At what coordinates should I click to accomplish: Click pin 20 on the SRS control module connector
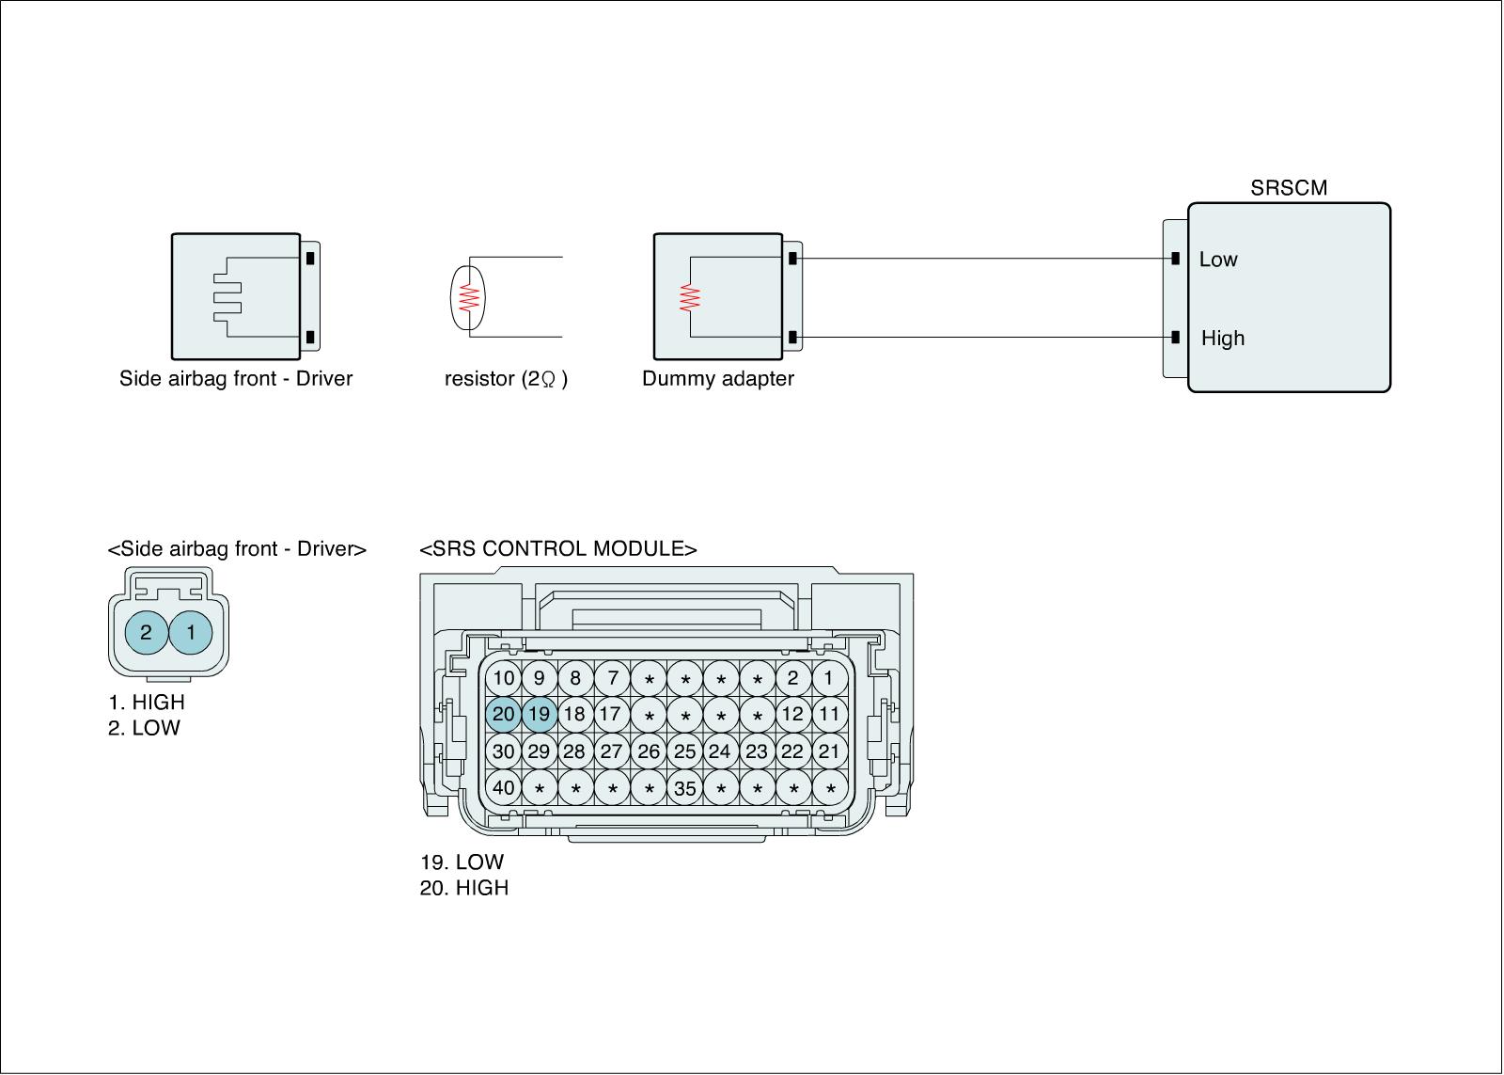pos(504,714)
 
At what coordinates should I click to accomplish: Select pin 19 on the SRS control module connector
pos(540,714)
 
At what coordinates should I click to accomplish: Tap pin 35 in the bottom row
pos(685,788)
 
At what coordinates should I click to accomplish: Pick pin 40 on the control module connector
pos(504,787)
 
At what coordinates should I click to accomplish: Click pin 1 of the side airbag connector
pos(192,632)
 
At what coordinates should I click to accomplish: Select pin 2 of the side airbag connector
pos(147,632)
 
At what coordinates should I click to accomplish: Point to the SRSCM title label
pos(1289,188)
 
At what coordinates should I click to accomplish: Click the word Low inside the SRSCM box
pos(1218,260)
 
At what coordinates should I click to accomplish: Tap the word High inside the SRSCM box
pos(1223,338)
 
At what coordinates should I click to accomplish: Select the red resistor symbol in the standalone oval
pos(469,297)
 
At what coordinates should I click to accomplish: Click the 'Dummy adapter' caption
pos(718,379)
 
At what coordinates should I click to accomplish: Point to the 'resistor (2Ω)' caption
pos(506,379)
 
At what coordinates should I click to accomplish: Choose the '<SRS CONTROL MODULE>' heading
pos(558,549)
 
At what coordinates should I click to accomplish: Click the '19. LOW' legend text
pos(462,862)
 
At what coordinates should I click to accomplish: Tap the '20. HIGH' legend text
pos(464,887)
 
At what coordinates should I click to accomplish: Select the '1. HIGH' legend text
pos(147,702)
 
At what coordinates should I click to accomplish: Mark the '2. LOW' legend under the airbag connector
pos(144,727)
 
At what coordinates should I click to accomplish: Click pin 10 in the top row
pos(504,678)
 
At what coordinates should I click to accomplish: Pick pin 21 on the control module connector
pos(829,751)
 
